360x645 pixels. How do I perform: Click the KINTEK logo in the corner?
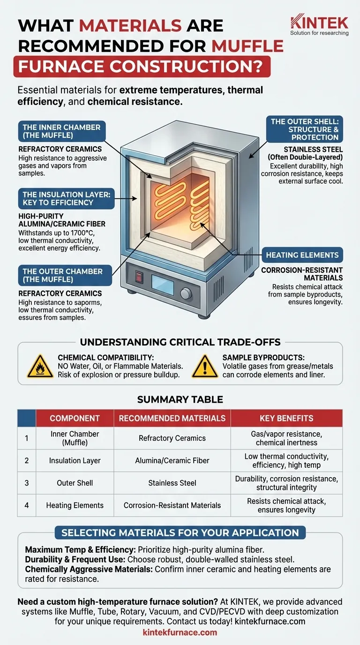point(319,24)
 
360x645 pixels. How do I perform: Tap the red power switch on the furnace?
point(139,277)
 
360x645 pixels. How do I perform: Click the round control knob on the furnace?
point(186,293)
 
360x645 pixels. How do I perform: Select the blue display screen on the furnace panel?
point(163,285)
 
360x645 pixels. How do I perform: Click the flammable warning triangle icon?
point(40,366)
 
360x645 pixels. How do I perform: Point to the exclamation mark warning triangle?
point(205,366)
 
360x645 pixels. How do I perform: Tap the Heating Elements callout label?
point(302,255)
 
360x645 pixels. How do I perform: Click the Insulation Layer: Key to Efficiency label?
point(66,199)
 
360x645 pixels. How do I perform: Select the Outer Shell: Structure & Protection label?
point(304,129)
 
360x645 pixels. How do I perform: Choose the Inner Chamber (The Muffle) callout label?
point(61,131)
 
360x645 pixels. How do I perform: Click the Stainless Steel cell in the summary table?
point(172,483)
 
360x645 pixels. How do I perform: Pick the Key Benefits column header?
point(286,418)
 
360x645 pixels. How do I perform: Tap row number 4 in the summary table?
point(27,505)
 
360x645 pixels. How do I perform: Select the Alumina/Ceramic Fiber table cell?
point(172,460)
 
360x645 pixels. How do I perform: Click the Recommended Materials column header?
point(172,418)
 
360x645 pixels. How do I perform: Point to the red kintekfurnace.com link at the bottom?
point(180,632)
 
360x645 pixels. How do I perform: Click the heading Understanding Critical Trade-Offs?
point(180,342)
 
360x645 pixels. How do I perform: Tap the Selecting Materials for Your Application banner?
point(180,532)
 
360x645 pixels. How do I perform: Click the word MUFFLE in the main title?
point(247,46)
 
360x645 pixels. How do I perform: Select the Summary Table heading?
point(180,399)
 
